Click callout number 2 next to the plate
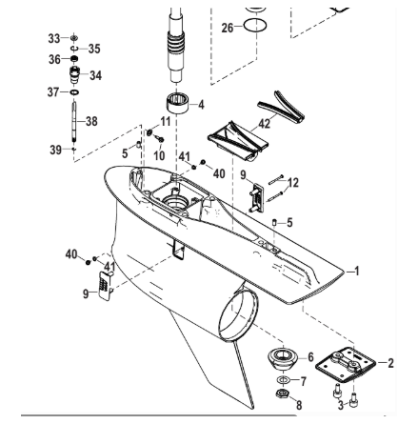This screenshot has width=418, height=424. (x=389, y=362)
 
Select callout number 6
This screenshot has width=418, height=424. (x=309, y=356)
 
